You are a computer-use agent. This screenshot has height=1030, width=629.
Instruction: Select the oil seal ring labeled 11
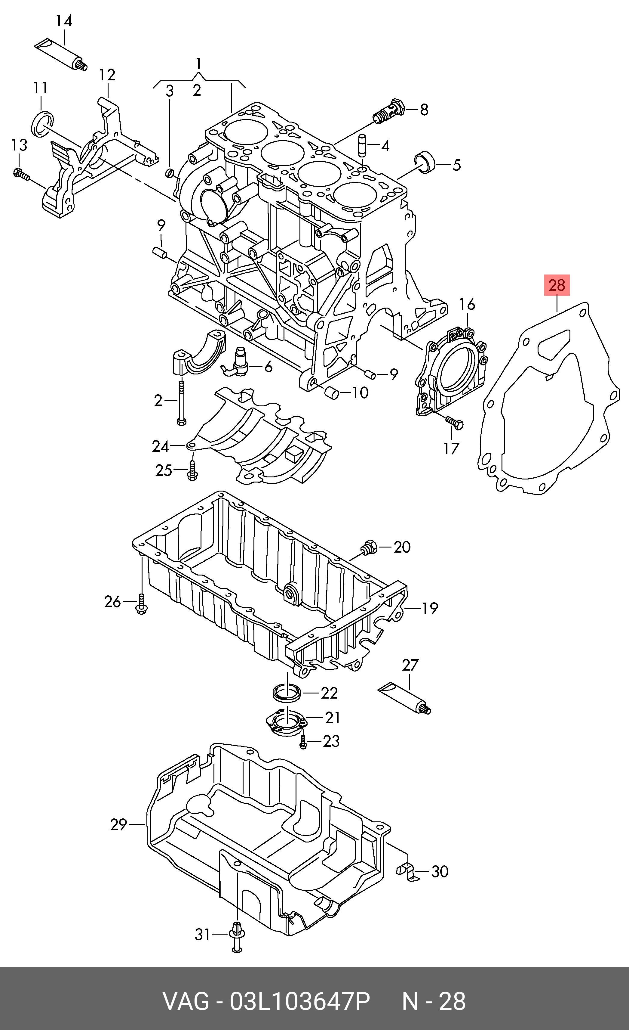(x=43, y=124)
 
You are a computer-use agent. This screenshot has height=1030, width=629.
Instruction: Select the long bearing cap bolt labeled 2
(x=181, y=402)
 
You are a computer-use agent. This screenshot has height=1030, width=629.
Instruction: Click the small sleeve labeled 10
(x=332, y=393)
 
